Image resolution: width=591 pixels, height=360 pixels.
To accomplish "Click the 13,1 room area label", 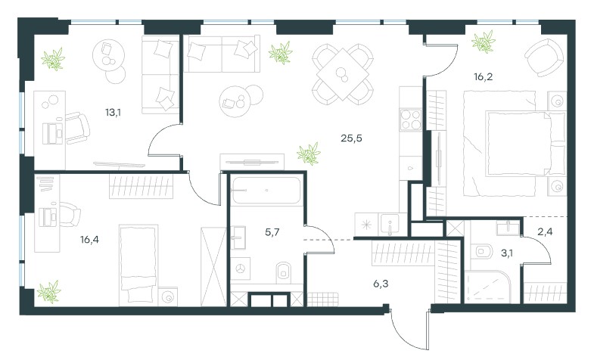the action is (x=113, y=113).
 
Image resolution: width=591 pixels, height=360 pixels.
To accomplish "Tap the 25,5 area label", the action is (x=351, y=138).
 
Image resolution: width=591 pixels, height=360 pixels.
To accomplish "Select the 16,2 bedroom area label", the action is (x=484, y=77).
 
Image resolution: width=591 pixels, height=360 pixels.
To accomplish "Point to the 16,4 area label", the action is (x=89, y=239).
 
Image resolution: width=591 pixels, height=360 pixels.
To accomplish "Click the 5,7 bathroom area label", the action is (x=272, y=232).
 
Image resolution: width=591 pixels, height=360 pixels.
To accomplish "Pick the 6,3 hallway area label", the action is (x=381, y=284).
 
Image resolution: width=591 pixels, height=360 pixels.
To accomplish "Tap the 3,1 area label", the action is (x=506, y=253).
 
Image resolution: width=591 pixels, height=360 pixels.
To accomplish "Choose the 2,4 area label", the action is (x=545, y=231).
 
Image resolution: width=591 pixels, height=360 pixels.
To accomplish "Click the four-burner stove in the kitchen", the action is (x=410, y=119).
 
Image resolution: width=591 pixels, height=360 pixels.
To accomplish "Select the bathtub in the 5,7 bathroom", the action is (x=266, y=190).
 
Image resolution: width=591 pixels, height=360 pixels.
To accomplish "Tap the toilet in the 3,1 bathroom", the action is (x=484, y=251).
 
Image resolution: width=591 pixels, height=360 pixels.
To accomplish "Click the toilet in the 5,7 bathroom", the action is (x=284, y=272).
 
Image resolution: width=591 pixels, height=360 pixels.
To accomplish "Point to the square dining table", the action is (x=343, y=74).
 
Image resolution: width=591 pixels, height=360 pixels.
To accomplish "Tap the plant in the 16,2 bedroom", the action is (x=484, y=42).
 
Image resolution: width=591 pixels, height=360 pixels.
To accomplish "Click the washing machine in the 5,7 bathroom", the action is (x=241, y=268).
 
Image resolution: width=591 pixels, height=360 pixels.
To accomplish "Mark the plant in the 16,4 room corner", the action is (x=49, y=292).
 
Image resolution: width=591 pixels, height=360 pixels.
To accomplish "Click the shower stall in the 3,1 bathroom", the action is (x=488, y=287).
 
